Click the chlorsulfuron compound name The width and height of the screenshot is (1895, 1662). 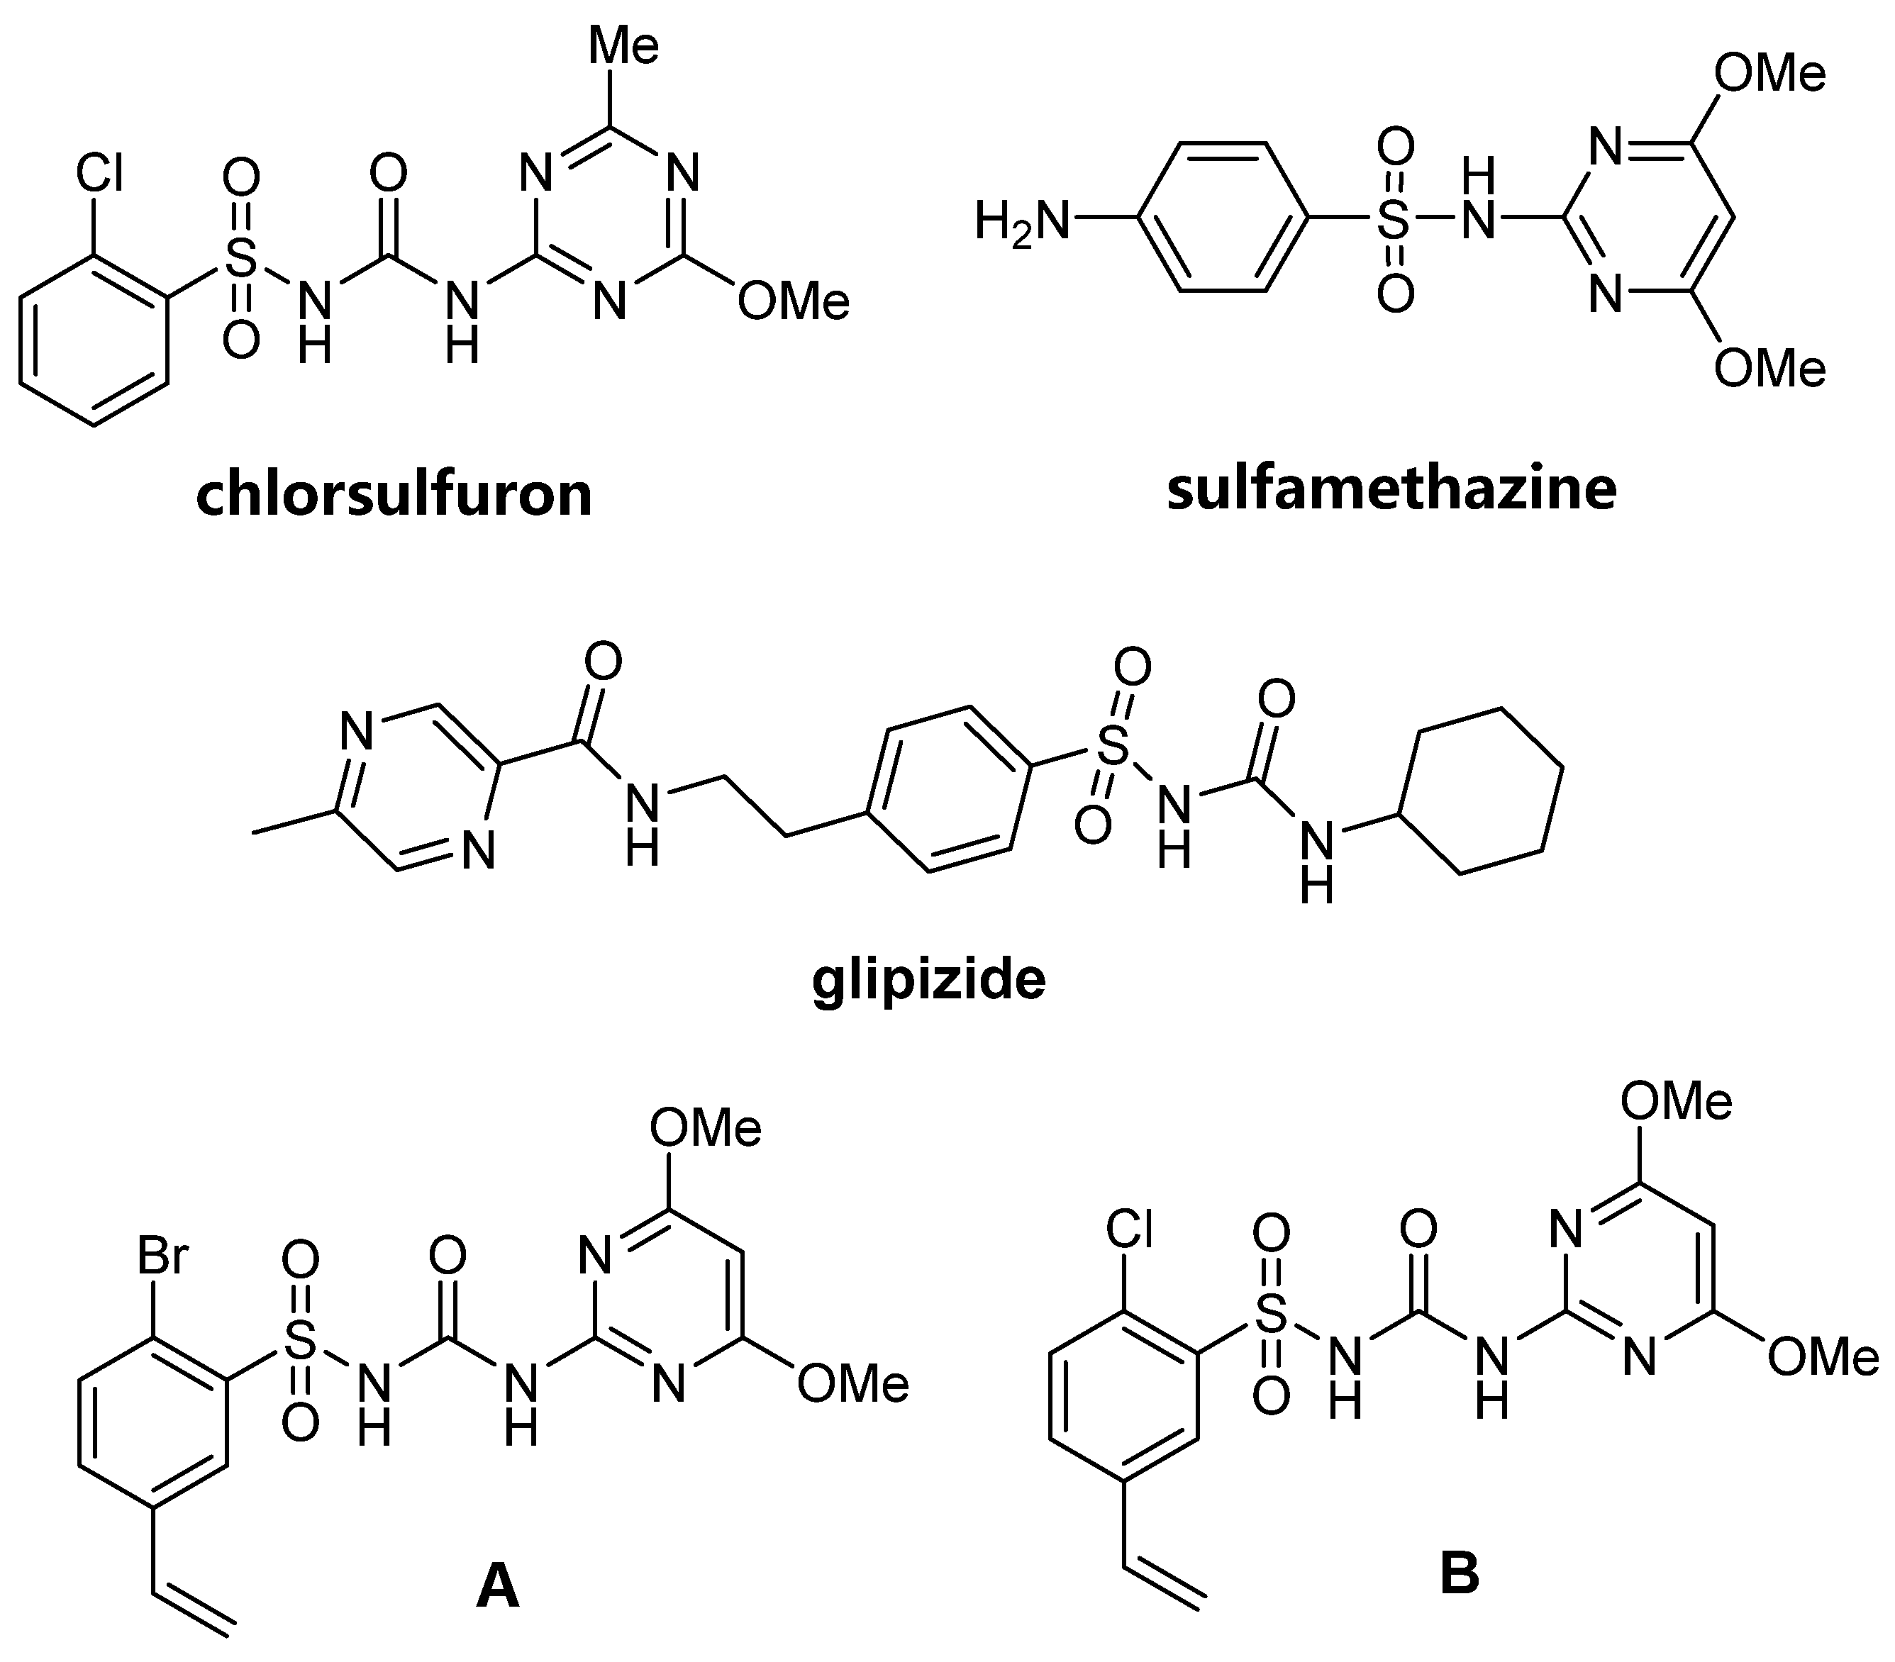click(x=394, y=494)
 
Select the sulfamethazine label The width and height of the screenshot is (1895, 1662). click(x=1391, y=489)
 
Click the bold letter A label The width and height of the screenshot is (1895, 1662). click(x=497, y=1584)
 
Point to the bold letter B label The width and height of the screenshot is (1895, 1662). click(x=1460, y=1573)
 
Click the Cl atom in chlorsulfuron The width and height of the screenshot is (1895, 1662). click(x=99, y=173)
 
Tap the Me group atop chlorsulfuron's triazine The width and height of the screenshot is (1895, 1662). click(x=624, y=45)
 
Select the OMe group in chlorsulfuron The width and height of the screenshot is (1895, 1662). click(x=794, y=302)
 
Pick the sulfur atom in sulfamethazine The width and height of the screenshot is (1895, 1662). click(x=1394, y=221)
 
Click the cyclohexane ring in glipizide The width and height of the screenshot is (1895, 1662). click(x=1482, y=791)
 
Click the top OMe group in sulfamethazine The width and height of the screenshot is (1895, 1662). click(x=1769, y=74)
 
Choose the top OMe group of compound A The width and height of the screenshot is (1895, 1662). click(x=705, y=1128)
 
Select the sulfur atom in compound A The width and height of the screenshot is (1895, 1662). click(x=299, y=1339)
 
